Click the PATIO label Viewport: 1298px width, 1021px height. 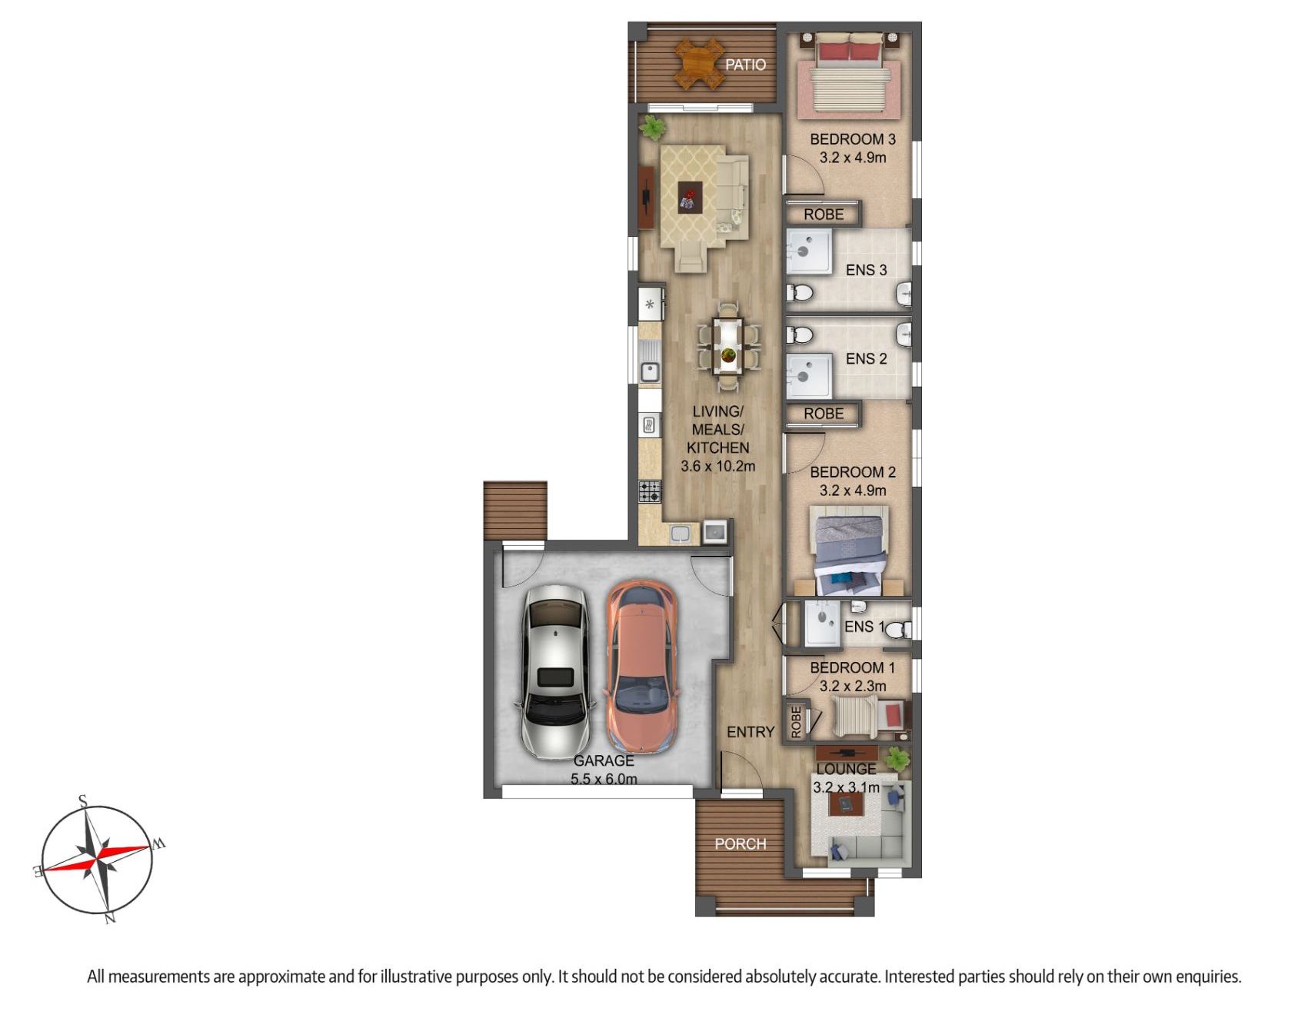coord(745,65)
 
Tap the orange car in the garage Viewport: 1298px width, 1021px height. coord(641,667)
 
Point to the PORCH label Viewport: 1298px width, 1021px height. coord(741,843)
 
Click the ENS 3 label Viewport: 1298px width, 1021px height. coord(866,270)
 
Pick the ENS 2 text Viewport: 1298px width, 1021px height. coord(866,359)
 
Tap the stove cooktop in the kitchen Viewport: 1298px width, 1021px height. coord(650,491)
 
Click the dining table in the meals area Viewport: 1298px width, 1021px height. coord(727,348)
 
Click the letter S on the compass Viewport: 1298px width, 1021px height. coord(82,801)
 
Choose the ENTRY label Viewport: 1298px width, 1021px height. coord(751,732)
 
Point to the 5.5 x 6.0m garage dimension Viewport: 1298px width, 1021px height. coord(604,779)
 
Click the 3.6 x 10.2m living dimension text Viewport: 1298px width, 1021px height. coord(718,466)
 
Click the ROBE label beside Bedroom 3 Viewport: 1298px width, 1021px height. coord(824,215)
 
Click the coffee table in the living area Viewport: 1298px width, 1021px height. coord(690,197)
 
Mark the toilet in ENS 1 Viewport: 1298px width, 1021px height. coord(898,630)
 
